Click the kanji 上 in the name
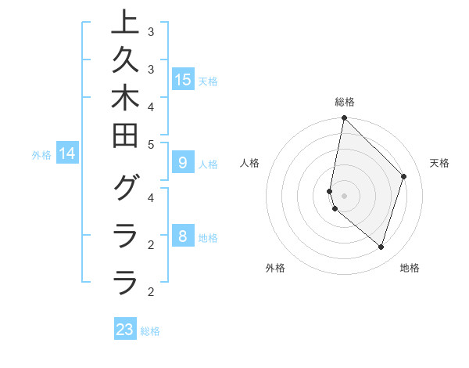[x=125, y=23]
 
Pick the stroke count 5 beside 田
[x=151, y=144]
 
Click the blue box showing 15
[x=182, y=80]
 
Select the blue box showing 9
[x=182, y=164]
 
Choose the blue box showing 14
[x=68, y=154]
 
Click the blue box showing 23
[x=125, y=330]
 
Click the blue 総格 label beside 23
[x=150, y=331]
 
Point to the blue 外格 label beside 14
[x=41, y=155]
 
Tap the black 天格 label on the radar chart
[x=439, y=163]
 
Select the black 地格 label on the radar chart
[x=410, y=268]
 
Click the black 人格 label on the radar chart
[x=249, y=163]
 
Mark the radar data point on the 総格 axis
[x=344, y=117]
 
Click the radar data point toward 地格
[x=381, y=247]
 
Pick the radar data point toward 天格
[x=403, y=176]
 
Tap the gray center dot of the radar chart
[x=344, y=196]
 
